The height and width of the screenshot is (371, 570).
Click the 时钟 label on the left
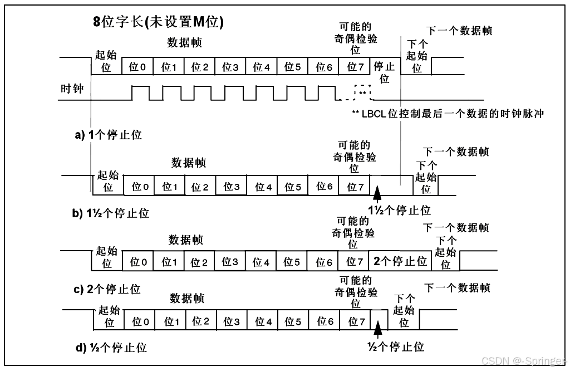(72, 89)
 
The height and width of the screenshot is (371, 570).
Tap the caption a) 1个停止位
(108, 135)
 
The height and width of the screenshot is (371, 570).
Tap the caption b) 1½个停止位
(111, 213)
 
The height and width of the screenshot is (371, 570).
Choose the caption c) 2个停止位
(107, 289)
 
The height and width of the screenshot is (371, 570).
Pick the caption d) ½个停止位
(110, 348)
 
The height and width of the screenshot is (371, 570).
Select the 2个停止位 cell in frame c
(400, 261)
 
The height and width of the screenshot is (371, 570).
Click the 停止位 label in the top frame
(384, 72)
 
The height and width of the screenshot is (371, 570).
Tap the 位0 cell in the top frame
(137, 67)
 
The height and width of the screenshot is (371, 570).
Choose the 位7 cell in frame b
(355, 187)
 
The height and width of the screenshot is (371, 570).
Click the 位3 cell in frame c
(230, 261)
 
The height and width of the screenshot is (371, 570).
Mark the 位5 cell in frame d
(293, 321)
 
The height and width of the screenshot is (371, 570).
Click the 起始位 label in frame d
(109, 316)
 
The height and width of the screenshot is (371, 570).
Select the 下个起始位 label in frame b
(426, 177)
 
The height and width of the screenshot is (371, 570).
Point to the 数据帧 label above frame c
(186, 240)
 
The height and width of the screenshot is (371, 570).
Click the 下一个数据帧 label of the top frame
(459, 31)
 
